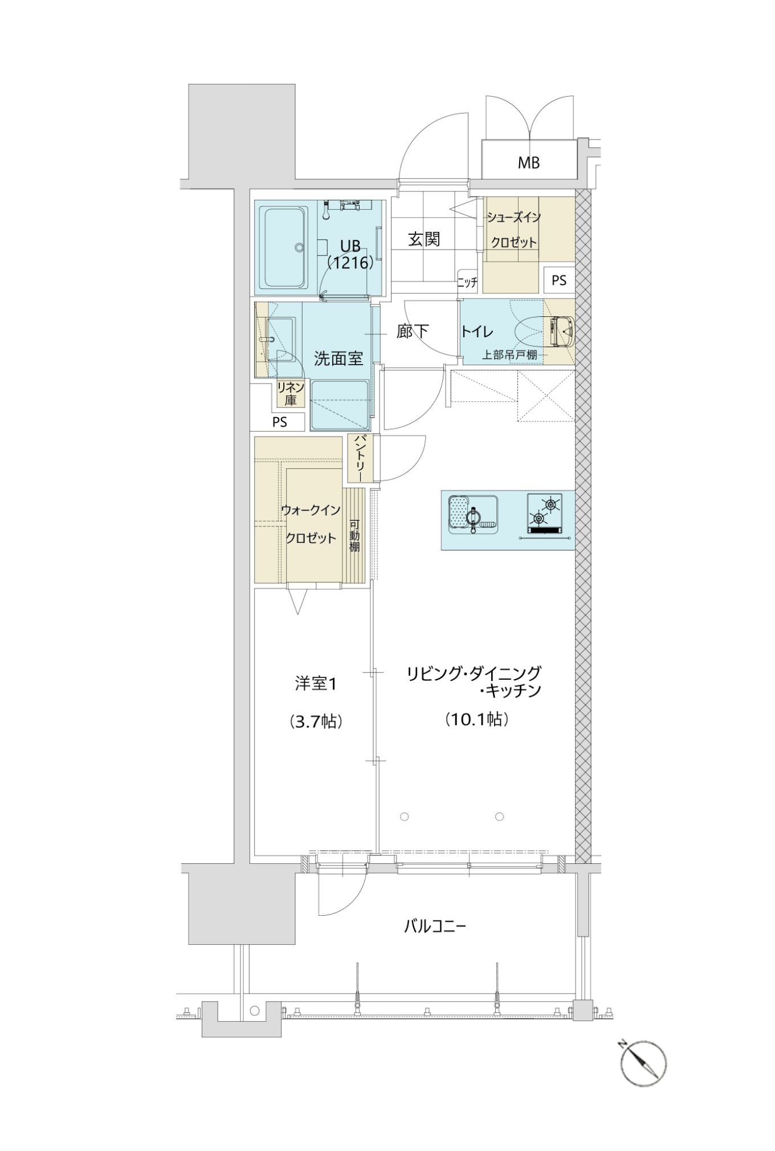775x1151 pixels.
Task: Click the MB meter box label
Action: (x=528, y=163)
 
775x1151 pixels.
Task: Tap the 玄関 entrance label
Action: (x=425, y=239)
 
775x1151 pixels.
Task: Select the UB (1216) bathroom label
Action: (x=350, y=254)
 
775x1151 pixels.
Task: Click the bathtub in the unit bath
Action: (x=284, y=248)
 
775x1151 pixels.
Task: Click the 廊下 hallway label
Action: (x=413, y=331)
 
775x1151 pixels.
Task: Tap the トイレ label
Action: (x=477, y=331)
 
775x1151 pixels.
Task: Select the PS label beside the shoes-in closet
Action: (x=559, y=280)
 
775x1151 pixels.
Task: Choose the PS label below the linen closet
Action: (x=279, y=422)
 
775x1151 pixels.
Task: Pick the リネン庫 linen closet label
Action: (x=291, y=394)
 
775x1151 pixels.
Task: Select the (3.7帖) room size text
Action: (x=316, y=722)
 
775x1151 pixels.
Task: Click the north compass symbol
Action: (x=643, y=1063)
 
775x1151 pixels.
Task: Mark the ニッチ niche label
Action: (x=467, y=281)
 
